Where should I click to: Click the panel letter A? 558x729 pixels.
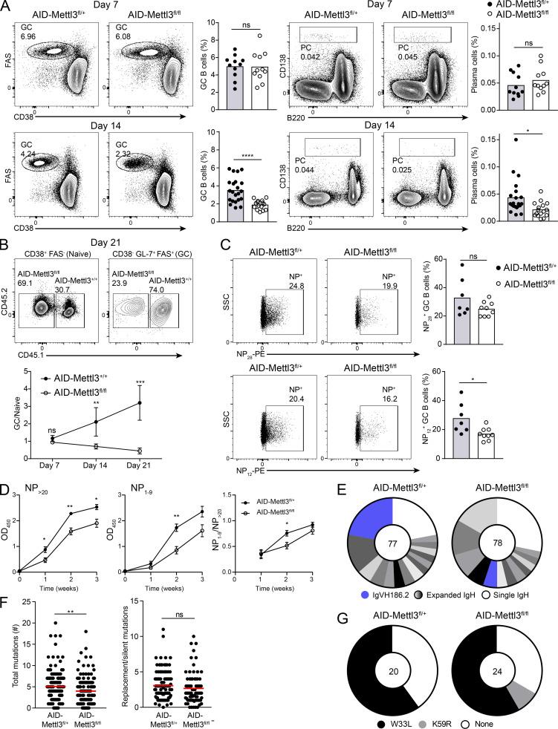7,7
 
